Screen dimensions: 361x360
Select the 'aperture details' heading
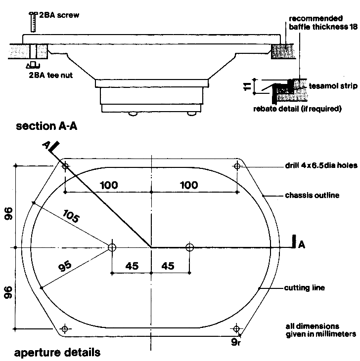(x=57, y=353)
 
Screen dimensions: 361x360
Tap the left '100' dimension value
(x=108, y=185)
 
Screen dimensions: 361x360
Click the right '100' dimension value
(x=188, y=185)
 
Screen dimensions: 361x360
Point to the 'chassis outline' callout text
(x=312, y=195)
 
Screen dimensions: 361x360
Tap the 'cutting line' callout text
(x=305, y=288)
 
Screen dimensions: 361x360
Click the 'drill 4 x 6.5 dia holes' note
(x=320, y=166)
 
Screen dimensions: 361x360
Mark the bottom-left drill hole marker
(x=65, y=328)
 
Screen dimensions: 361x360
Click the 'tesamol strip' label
(x=333, y=86)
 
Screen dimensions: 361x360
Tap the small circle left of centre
(x=112, y=247)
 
